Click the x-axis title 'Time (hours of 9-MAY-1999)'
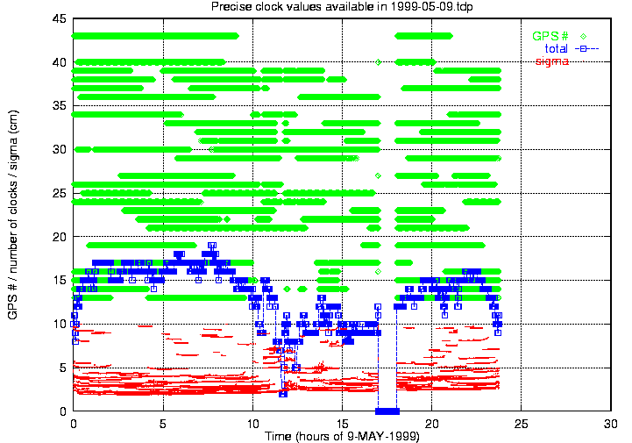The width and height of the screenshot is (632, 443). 342,436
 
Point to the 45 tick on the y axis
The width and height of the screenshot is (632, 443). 59,18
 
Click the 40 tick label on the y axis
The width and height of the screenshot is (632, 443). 59,62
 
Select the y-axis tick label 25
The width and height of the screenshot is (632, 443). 59,193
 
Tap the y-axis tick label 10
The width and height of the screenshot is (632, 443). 59,324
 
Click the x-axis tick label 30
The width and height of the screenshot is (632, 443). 611,423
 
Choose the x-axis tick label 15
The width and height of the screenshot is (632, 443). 342,423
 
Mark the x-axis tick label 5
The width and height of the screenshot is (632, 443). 163,423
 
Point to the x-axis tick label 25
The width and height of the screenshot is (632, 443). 522,423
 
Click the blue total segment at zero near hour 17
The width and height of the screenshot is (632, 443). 387,411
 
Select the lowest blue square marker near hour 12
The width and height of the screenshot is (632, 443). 282,393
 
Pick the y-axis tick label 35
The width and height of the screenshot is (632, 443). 59,106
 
